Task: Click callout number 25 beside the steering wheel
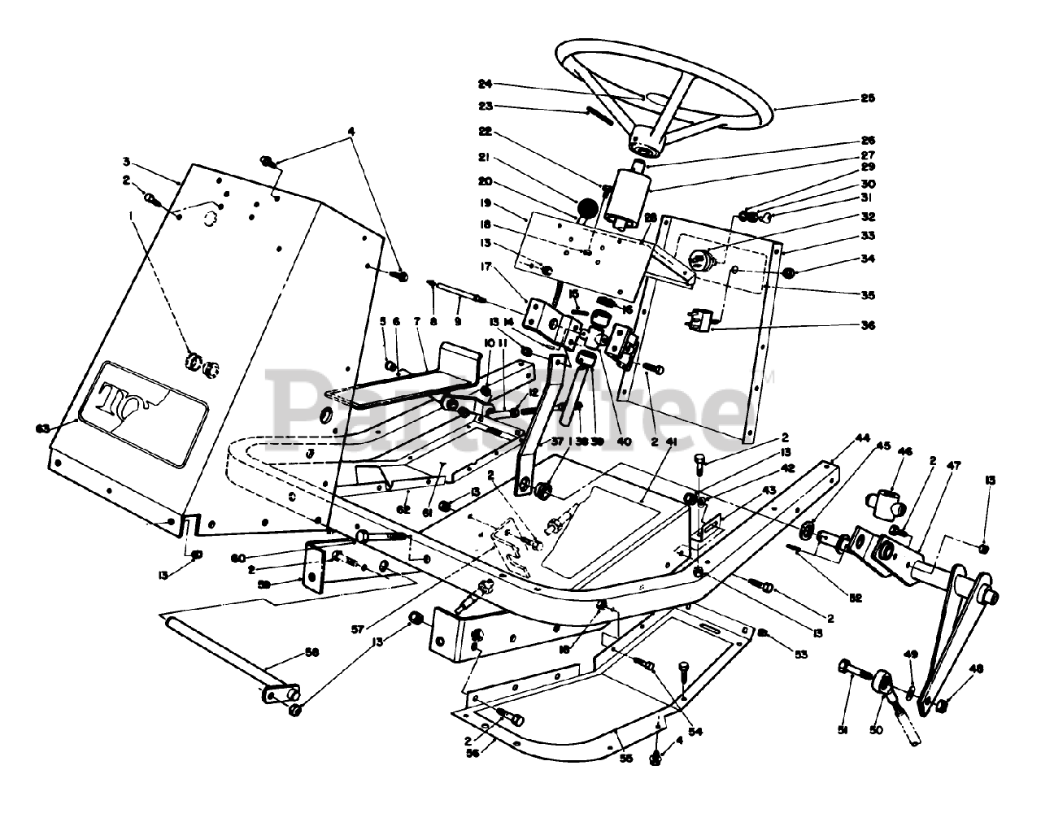click(867, 98)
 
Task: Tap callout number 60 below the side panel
click(238, 557)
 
